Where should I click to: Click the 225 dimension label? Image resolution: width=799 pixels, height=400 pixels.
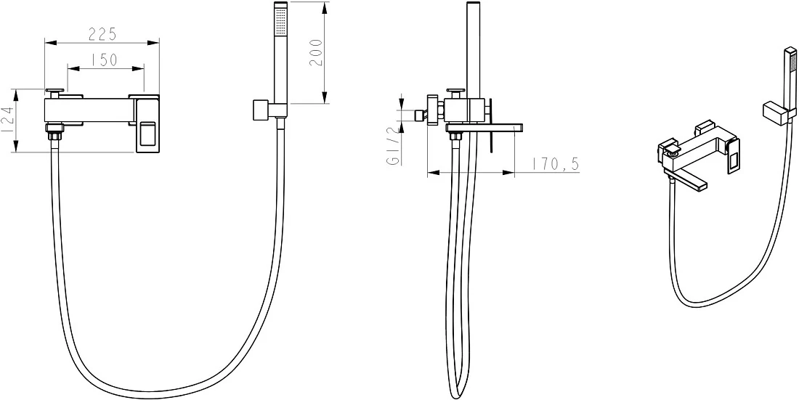(102, 34)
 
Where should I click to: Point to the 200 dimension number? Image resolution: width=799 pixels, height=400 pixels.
(317, 52)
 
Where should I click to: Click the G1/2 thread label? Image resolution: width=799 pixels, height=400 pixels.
(392, 146)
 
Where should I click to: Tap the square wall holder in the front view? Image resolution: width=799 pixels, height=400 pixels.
(263, 110)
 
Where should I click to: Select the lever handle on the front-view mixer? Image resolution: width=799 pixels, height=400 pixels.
(147, 124)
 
